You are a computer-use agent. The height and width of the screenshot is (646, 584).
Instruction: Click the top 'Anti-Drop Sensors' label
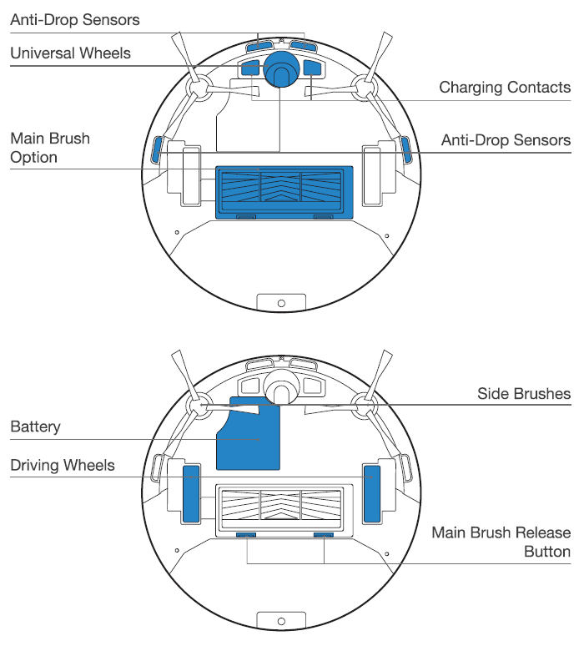[x=75, y=18]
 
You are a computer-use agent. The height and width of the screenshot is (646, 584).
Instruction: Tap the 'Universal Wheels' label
[x=70, y=53]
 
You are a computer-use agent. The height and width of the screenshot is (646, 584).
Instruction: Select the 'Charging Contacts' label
[x=505, y=88]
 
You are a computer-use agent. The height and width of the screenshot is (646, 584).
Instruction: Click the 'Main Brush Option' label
[x=49, y=148]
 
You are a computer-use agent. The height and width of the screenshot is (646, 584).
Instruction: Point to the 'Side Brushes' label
[x=524, y=393]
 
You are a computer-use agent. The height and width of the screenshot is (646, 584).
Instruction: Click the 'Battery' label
[x=35, y=427]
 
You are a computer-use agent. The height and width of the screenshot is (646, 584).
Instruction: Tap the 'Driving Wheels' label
[x=63, y=464]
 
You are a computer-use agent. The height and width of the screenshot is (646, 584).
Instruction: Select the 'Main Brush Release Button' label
[x=501, y=542]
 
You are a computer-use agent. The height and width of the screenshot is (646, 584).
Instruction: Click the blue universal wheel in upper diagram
[x=280, y=67]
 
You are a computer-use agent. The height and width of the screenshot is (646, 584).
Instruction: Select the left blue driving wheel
[x=191, y=493]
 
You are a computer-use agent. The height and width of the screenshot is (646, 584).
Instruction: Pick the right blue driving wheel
[x=371, y=493]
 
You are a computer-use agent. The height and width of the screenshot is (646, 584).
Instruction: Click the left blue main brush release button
[x=247, y=534]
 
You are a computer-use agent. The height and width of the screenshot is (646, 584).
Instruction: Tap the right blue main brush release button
[x=323, y=534]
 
